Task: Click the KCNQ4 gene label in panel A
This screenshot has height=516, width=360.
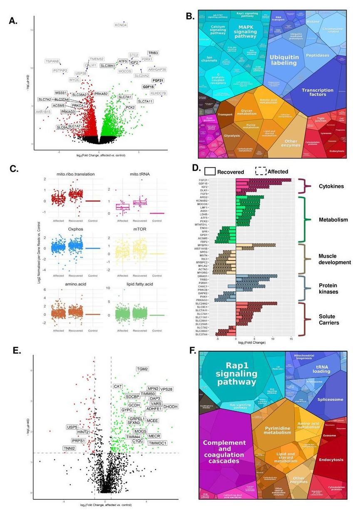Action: (x=121, y=25)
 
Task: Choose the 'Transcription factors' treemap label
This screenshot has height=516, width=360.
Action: (x=318, y=93)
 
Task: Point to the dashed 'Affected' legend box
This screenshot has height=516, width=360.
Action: (x=262, y=171)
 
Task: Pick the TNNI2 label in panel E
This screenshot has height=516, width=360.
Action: (x=69, y=448)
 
